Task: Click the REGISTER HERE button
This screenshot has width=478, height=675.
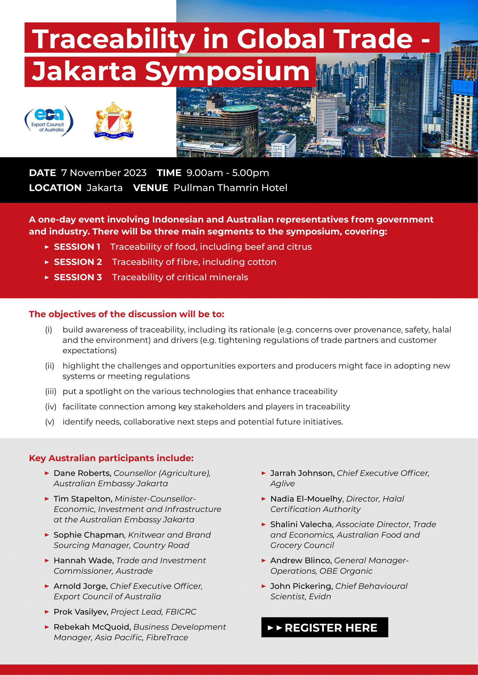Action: pos(324,628)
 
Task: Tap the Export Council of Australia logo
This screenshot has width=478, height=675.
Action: pos(49,121)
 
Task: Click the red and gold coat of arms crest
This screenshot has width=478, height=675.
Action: pos(114,121)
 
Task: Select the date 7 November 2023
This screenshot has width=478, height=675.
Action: pos(104,173)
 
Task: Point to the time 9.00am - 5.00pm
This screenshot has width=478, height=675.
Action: pos(227,173)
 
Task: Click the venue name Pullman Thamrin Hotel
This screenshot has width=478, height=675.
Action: pos(230,188)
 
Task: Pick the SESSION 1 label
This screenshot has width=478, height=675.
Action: pos(77,247)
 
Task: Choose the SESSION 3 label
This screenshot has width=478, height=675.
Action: pos(78,277)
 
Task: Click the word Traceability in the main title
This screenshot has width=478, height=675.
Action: pos(114,39)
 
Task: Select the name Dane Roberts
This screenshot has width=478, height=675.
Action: pos(82,473)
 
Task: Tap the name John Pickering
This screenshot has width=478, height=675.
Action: pos(301,586)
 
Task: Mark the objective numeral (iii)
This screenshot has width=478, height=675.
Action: pos(51,391)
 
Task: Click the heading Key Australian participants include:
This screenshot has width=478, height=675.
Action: pos(111,458)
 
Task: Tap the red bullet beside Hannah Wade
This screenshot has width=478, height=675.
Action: pos(47,561)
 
